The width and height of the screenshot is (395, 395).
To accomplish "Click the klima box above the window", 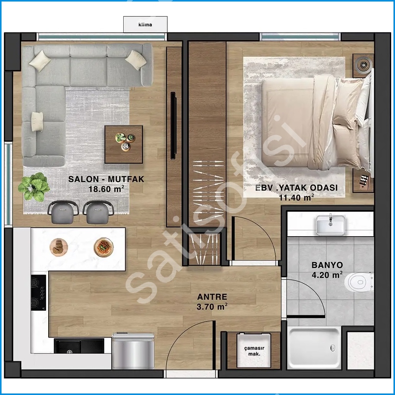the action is (145, 24).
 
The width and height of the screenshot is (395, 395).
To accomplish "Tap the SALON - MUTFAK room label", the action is (106, 179).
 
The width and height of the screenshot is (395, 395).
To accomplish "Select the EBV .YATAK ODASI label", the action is (297, 188).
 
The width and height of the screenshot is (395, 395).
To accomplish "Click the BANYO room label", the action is (327, 265).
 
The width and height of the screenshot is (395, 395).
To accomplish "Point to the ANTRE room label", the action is (212, 297).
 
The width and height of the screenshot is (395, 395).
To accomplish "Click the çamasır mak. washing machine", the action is (254, 351).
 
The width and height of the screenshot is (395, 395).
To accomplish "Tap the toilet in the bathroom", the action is (359, 282).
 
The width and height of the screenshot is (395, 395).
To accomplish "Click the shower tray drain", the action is (333, 348).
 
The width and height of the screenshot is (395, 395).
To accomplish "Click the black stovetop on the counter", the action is (38, 292).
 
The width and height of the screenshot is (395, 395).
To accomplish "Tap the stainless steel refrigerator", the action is (133, 351).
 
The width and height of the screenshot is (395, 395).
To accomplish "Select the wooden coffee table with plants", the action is (124, 144).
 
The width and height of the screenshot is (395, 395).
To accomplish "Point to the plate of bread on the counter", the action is (59, 247).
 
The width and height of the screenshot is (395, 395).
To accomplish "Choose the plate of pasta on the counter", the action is (104, 247).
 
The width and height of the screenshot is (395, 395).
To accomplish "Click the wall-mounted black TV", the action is (173, 126).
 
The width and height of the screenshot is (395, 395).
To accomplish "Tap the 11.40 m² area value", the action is (296, 197).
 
